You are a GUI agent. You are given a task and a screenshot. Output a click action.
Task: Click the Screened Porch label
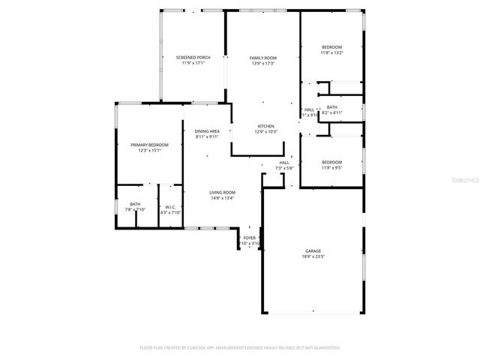pyautogui.click(x=193, y=58)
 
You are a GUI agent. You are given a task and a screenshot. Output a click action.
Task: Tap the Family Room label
pyautogui.click(x=263, y=58)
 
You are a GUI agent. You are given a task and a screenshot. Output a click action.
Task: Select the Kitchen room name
pyautogui.click(x=266, y=126)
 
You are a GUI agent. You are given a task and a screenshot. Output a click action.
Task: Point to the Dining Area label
pyautogui.click(x=207, y=131)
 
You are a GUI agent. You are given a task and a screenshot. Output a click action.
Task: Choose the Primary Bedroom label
pyautogui.click(x=149, y=145)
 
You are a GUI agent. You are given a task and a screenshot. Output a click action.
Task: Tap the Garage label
pyautogui.click(x=313, y=251)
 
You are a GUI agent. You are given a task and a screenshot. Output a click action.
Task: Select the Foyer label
pyautogui.click(x=249, y=238)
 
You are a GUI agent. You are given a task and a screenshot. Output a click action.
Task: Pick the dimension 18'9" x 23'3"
pyautogui.click(x=313, y=256)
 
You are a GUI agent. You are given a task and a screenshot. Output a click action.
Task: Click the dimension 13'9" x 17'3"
pyautogui.click(x=263, y=63)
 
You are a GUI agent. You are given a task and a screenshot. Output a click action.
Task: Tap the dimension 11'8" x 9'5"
pyautogui.click(x=331, y=167)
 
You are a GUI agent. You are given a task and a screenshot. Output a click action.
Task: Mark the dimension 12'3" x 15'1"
pyautogui.click(x=149, y=150)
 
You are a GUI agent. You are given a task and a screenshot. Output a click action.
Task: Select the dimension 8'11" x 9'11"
pyautogui.click(x=207, y=136)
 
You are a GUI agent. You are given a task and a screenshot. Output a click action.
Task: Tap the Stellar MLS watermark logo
pyautogui.click(x=466, y=181)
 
